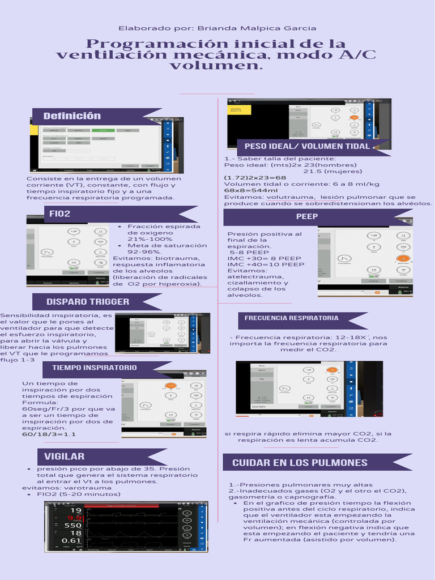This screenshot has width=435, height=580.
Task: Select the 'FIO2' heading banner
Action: (60, 214)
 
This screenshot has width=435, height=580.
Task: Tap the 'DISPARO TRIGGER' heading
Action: (88, 302)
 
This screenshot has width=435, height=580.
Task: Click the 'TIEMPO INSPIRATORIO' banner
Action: (95, 368)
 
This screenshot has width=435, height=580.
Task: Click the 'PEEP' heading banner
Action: (307, 216)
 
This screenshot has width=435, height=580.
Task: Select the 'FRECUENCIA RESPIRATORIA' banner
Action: (292, 318)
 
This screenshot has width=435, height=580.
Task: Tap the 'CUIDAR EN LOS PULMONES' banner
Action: (300, 463)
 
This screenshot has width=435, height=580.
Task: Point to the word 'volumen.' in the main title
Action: (217, 66)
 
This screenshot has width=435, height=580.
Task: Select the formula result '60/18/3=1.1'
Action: (49, 434)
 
